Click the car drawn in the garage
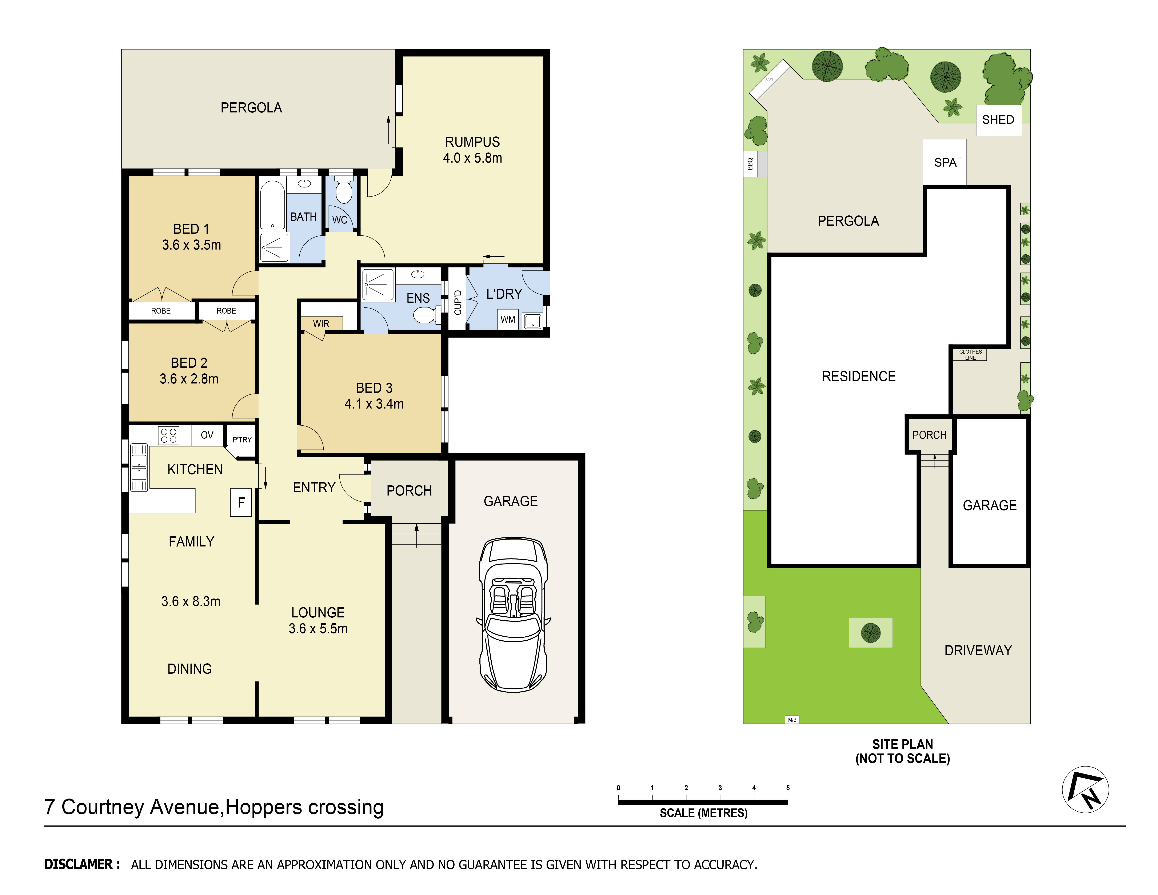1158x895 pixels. pos(513,615)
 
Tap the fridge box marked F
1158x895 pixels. pos(241,502)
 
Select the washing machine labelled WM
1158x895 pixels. pos(507,319)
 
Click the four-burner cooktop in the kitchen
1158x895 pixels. pos(169,435)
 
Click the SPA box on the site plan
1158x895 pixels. pos(945,162)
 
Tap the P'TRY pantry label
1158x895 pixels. pos(242,439)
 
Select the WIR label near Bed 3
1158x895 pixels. pos(321,323)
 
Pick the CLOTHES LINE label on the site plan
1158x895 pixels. pos(970,355)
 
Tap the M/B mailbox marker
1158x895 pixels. pos(792,720)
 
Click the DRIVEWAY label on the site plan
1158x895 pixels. pos(978,651)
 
